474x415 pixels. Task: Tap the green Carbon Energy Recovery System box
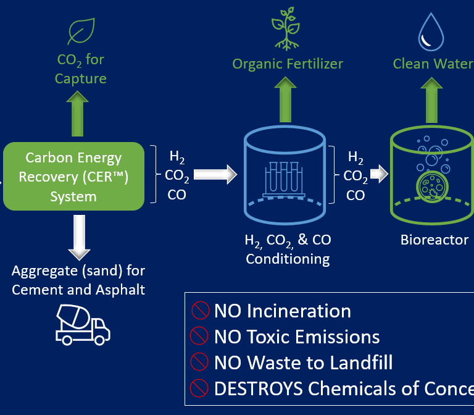pyautogui.click(x=73, y=176)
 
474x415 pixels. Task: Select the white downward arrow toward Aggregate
pyautogui.click(x=79, y=237)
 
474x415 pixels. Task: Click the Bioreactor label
pyautogui.click(x=434, y=240)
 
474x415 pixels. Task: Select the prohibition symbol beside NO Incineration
pyautogui.click(x=200, y=311)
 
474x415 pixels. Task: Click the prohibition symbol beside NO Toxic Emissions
pyautogui.click(x=200, y=336)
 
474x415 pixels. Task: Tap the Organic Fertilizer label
pyautogui.click(x=288, y=64)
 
